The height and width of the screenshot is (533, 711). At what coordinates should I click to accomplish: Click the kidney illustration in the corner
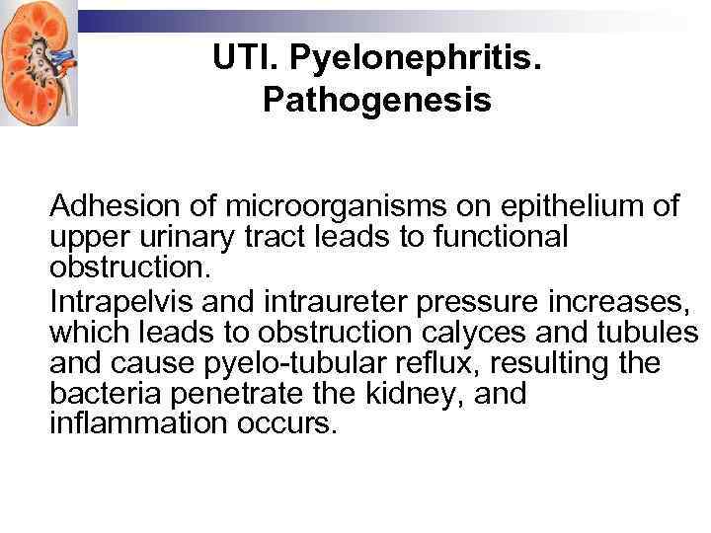pos(39,62)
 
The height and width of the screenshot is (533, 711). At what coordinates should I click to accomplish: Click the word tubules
pos(651,331)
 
